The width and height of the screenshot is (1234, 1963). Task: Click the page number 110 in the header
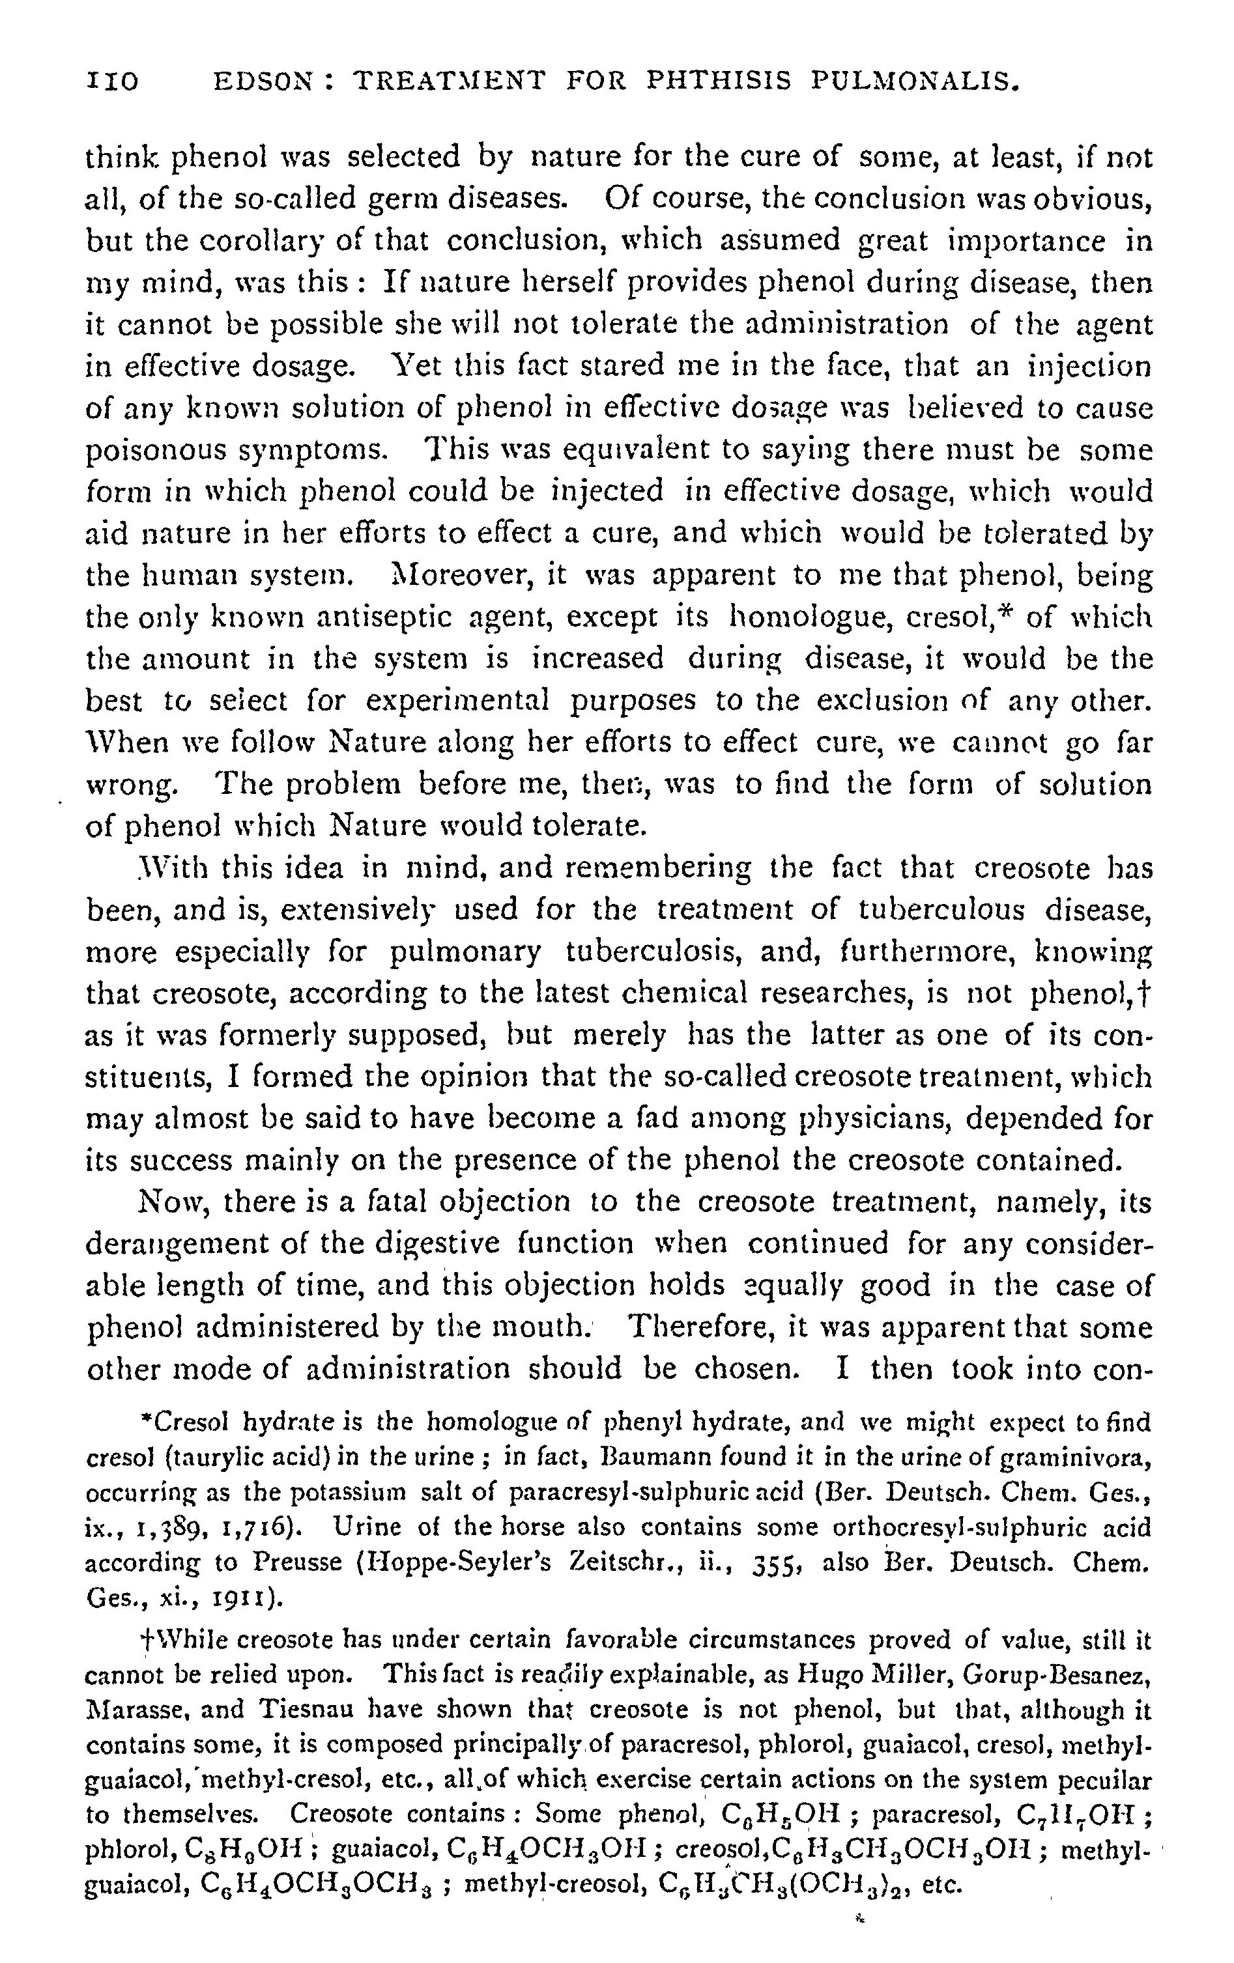point(111,81)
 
